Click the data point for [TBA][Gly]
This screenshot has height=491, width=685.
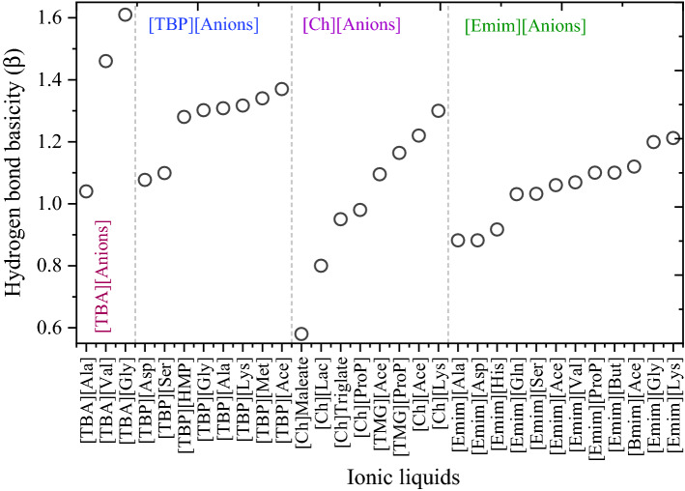[125, 14]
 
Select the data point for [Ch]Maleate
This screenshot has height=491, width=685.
[301, 334]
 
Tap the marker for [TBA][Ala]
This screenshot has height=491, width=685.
[86, 191]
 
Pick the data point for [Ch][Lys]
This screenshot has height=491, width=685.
[439, 110]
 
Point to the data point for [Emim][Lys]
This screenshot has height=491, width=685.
[673, 138]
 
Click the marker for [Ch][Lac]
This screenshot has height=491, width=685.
[321, 266]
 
